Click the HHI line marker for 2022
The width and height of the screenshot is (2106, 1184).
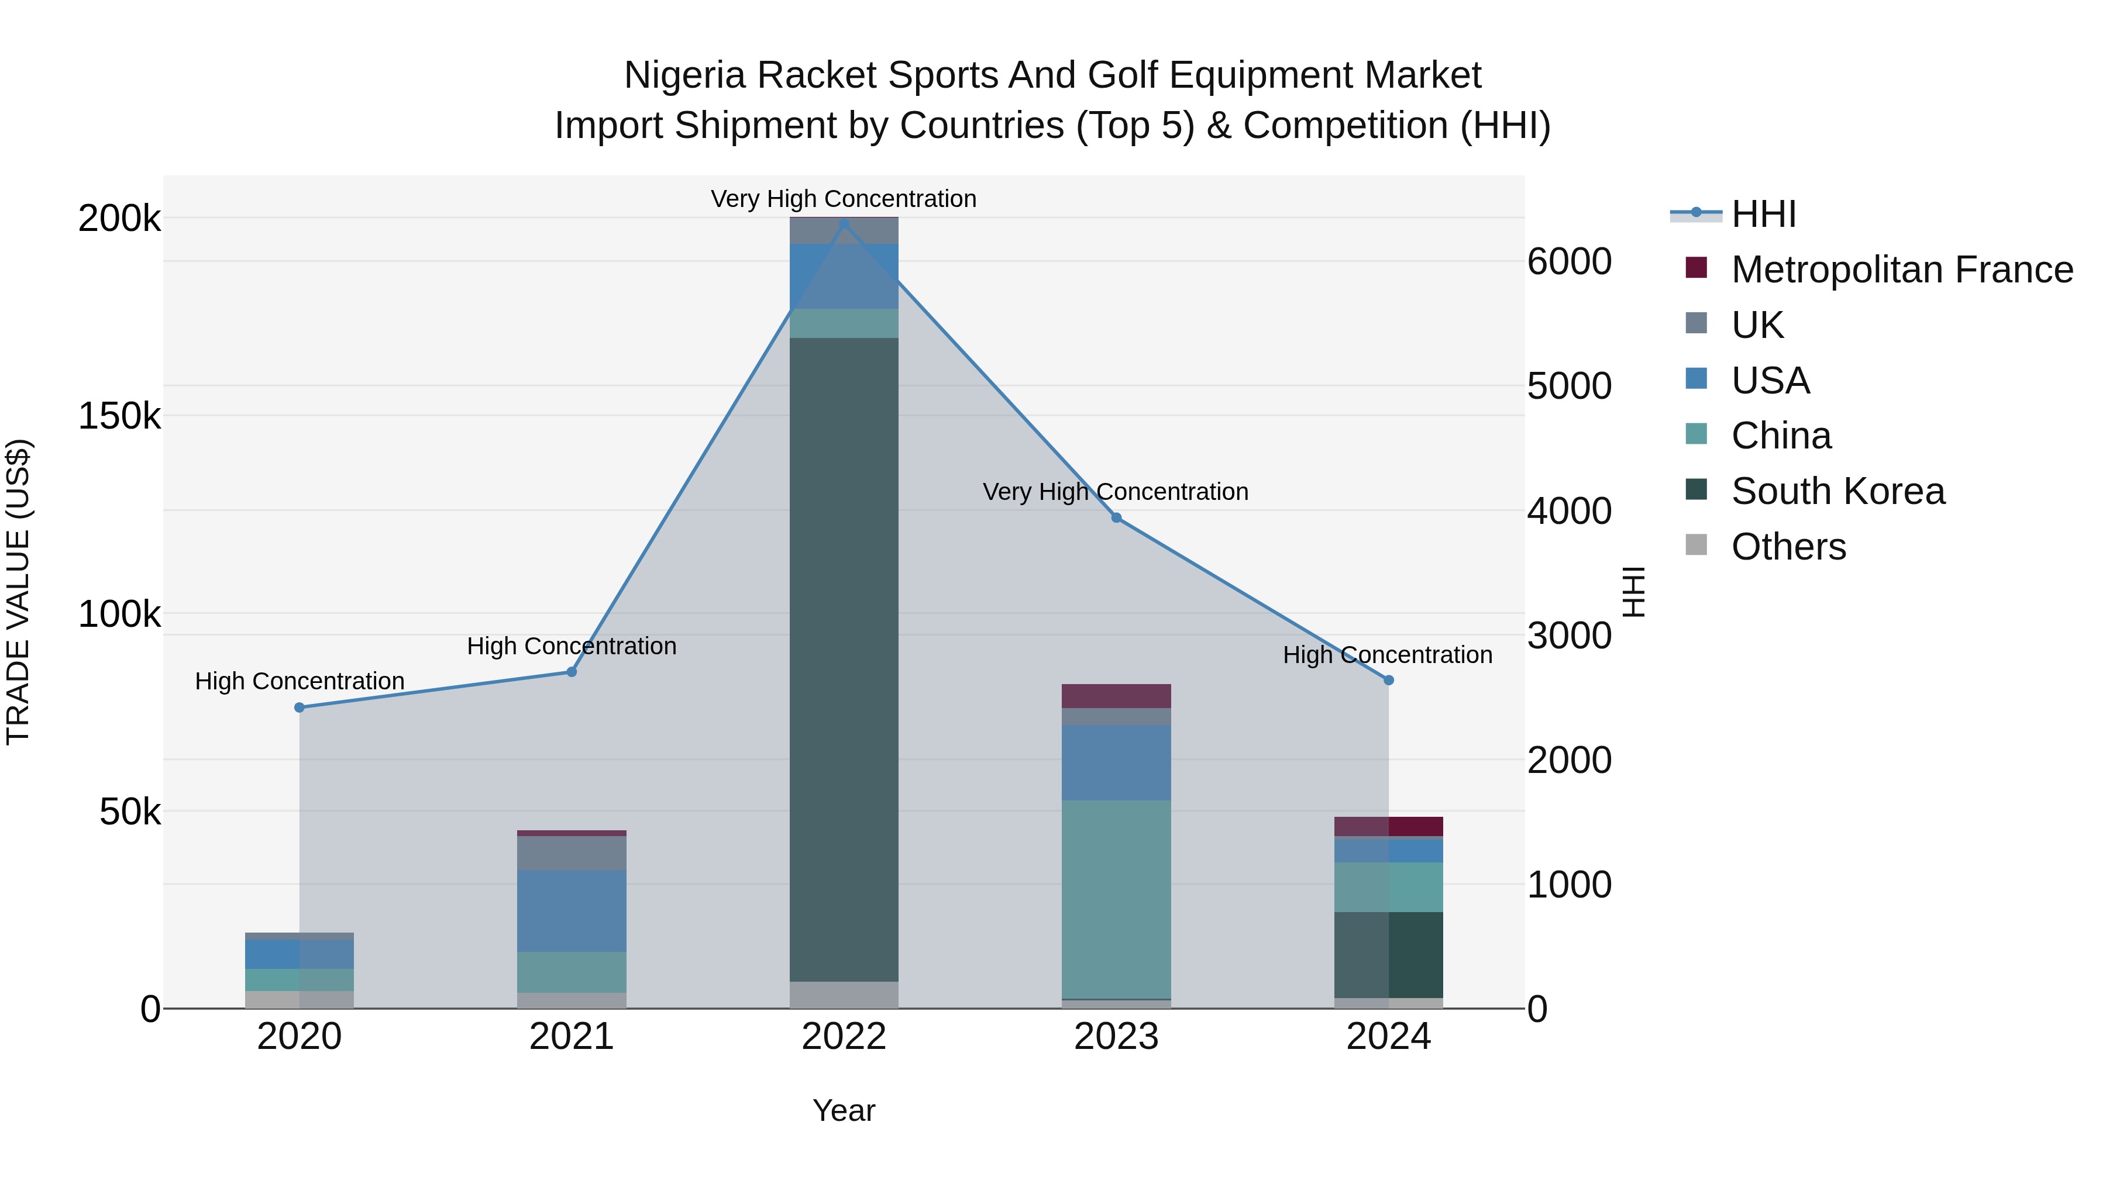point(844,222)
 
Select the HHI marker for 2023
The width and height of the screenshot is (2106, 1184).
point(1116,517)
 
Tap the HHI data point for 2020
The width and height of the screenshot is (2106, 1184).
point(299,707)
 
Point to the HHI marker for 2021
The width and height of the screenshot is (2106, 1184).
point(572,672)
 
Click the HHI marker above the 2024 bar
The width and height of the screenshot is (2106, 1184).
point(1388,680)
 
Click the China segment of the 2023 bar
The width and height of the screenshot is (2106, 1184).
point(1116,899)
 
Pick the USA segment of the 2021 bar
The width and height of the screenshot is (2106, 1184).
point(572,910)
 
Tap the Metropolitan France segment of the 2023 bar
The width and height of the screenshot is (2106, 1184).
point(1116,695)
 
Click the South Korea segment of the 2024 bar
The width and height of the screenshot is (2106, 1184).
point(1388,954)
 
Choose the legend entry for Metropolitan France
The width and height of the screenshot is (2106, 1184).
point(1902,270)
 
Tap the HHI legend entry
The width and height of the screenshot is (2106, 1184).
point(1763,214)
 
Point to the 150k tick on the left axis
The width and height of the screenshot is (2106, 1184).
point(119,416)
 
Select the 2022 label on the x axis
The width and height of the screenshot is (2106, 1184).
point(844,1037)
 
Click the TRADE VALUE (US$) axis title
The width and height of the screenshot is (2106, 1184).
point(18,592)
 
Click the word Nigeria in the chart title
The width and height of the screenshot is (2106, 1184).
point(684,75)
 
